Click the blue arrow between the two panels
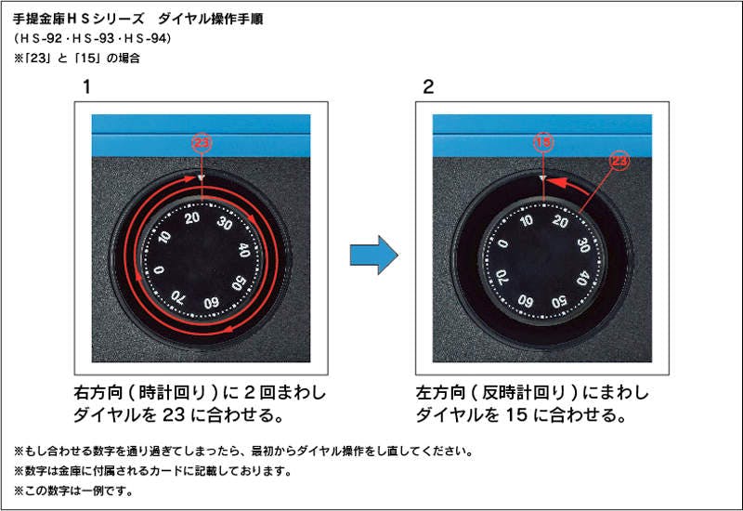(374, 255)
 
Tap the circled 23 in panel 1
(202, 143)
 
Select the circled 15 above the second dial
(543, 142)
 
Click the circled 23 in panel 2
(619, 161)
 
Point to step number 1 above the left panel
(86, 87)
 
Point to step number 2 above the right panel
(428, 87)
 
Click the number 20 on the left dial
(192, 218)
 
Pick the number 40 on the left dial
(244, 250)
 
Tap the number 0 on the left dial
(159, 269)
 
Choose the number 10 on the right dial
(526, 220)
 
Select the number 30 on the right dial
(583, 245)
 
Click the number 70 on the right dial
(502, 277)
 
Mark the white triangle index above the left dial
(202, 178)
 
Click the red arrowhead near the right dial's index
(558, 182)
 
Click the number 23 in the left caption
(174, 414)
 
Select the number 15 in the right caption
(516, 414)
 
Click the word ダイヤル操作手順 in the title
(210, 19)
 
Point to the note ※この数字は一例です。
(74, 491)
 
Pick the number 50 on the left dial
(239, 283)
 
